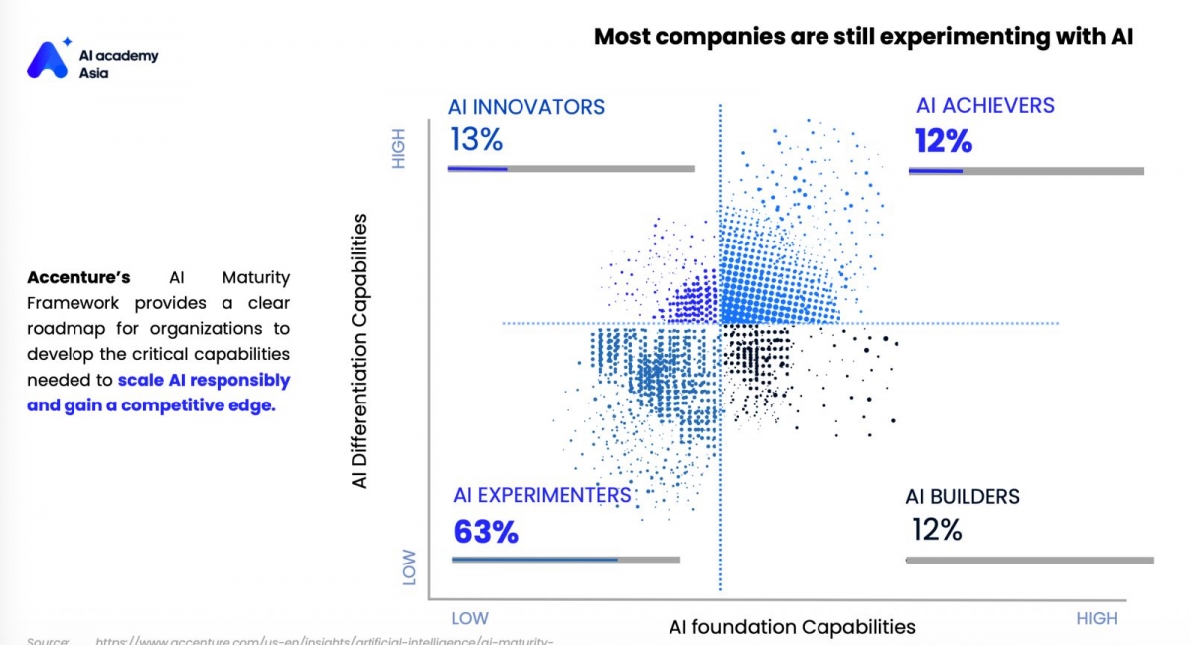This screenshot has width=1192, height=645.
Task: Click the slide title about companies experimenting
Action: pos(863,38)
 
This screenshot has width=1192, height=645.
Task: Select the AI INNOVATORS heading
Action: pos(525,107)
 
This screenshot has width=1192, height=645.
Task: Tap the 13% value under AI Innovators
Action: pos(476,139)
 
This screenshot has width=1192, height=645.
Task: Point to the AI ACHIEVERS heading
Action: pos(984,106)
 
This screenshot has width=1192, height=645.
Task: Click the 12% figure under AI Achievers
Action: pos(943,142)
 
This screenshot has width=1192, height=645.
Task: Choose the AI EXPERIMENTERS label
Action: pos(541,495)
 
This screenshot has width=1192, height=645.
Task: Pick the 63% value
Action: pos(486,532)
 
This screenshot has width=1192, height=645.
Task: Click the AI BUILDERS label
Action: pos(962,497)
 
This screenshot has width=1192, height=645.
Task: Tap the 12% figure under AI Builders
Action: pos(937,530)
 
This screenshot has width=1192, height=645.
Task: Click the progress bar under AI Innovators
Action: pos(571,169)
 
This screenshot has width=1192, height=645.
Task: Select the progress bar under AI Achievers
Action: pos(1026,171)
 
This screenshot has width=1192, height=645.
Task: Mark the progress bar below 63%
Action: pos(565,560)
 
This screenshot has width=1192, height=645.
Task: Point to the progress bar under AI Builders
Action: pos(1029,561)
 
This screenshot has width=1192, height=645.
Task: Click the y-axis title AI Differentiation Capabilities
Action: pos(360,350)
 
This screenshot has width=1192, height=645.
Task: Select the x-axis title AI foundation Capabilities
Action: pos(792,626)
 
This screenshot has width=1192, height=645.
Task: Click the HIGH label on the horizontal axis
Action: pos(1097,618)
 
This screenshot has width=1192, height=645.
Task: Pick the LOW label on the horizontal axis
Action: pos(470,618)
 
